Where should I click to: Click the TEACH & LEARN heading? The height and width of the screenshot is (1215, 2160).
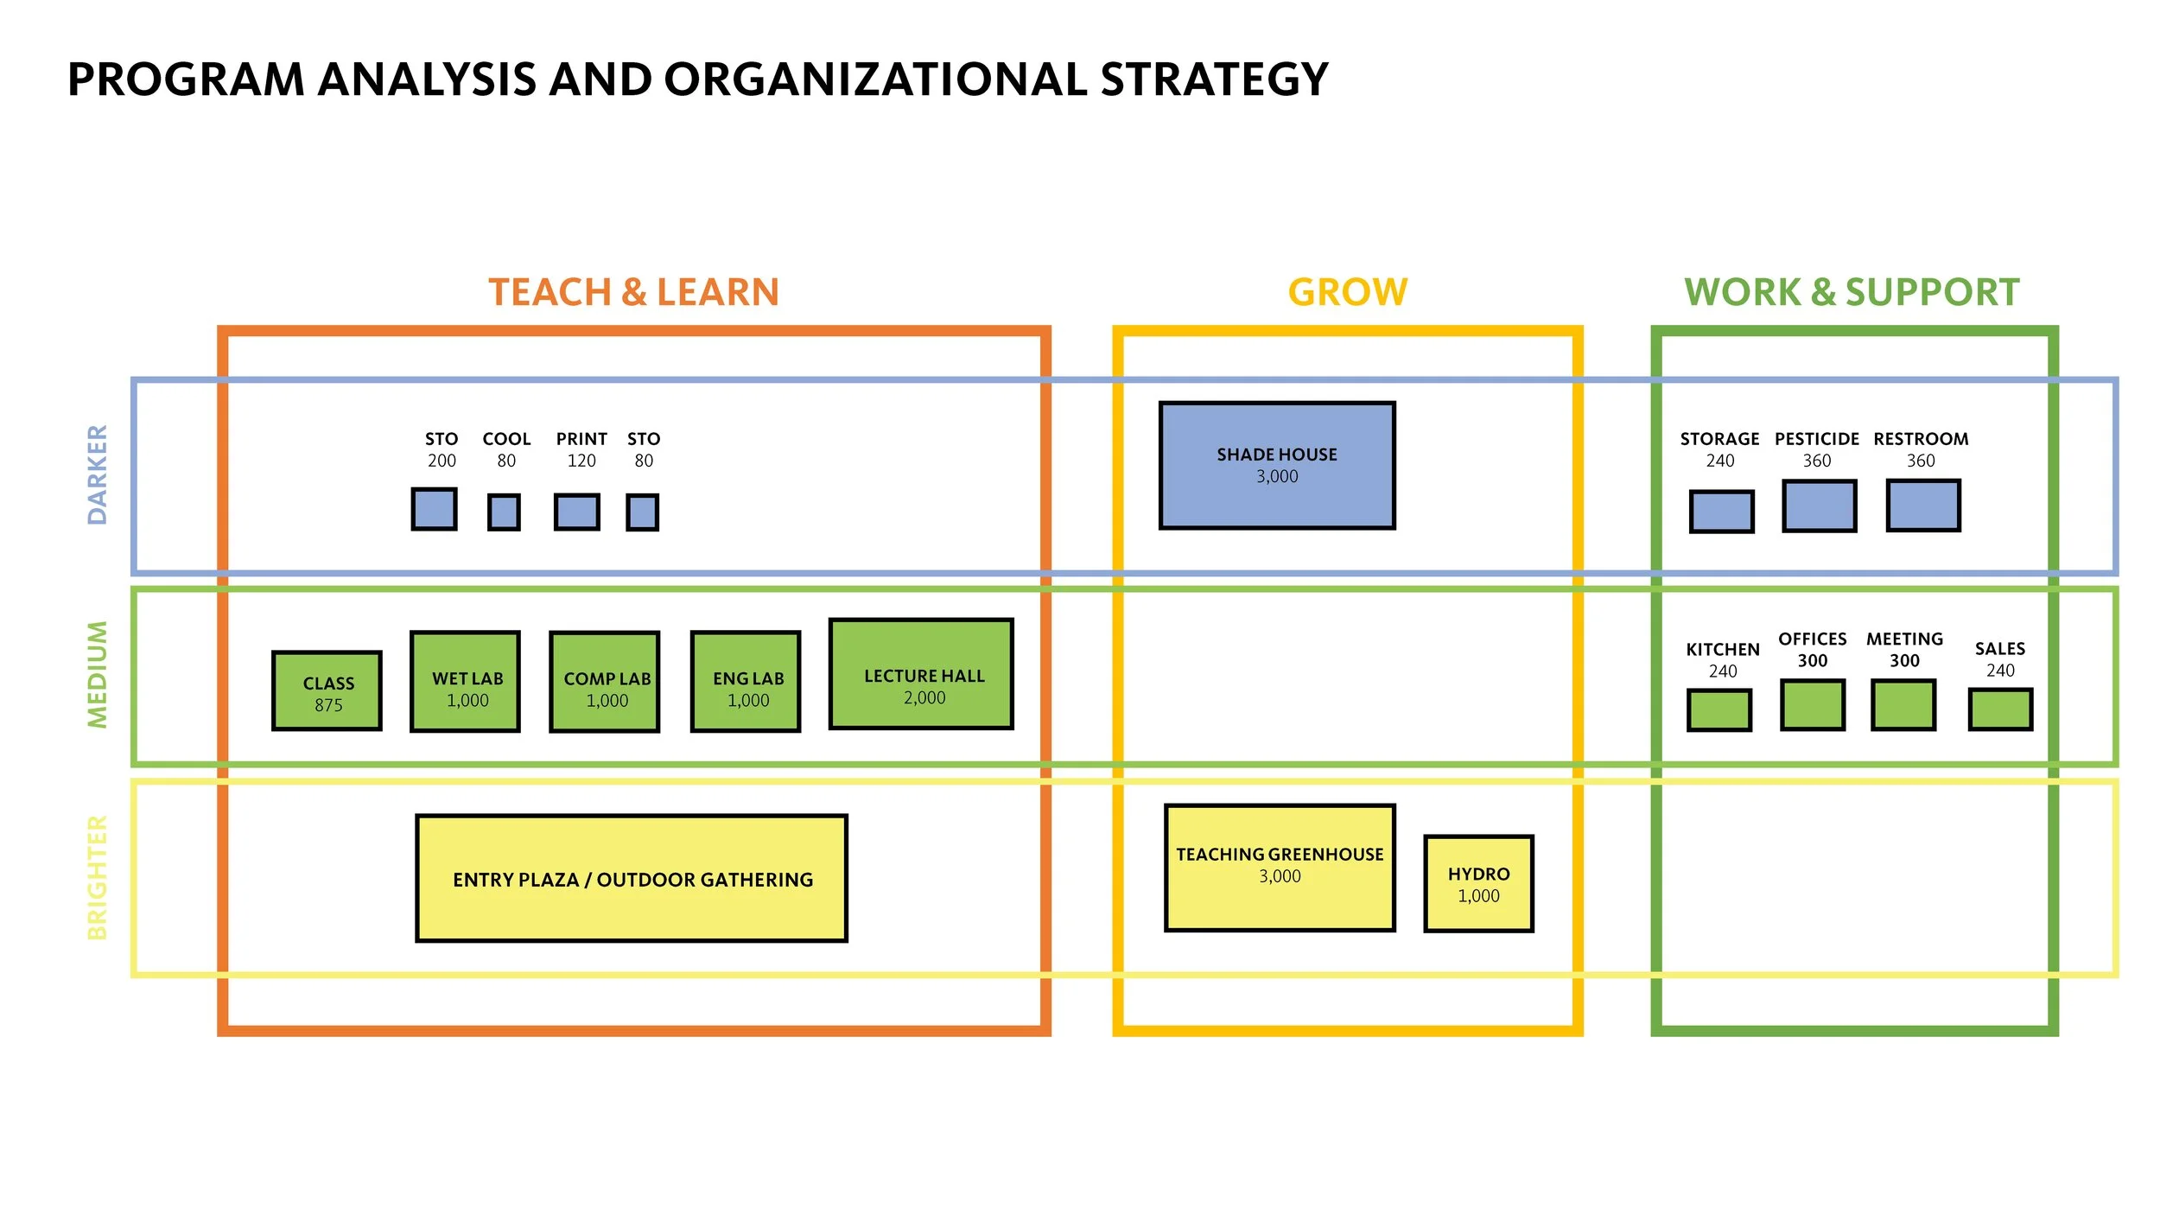point(633,292)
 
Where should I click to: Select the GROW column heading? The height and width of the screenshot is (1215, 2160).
point(1347,292)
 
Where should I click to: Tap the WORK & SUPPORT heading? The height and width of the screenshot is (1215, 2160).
point(1852,292)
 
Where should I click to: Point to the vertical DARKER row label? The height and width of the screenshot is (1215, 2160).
point(98,474)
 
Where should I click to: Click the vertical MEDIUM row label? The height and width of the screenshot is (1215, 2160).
point(98,675)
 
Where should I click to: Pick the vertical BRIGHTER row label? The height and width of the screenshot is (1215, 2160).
point(98,877)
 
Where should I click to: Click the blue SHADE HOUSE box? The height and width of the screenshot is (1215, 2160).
point(1277,465)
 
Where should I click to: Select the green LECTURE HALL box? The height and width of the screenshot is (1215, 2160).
point(921,674)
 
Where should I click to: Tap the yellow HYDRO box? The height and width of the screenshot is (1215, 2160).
point(1478,883)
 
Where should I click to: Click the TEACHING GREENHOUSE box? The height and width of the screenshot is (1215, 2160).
point(1280,868)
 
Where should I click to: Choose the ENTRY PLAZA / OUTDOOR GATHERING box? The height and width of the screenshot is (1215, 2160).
point(632,878)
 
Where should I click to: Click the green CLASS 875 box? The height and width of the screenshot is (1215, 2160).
point(327,691)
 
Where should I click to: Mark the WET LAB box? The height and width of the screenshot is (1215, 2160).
point(465,682)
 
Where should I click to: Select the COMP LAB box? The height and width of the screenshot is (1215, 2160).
point(605,682)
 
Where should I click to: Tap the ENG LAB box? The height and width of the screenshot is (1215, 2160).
point(746,682)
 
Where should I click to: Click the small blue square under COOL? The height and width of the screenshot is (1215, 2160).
point(504,512)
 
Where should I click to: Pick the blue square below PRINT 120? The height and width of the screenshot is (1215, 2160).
point(576,512)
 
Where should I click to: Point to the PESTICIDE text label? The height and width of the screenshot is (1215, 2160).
point(1816,439)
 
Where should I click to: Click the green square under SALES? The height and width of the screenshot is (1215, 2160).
point(2000,709)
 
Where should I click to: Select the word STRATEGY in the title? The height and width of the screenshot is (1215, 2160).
point(1214,80)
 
